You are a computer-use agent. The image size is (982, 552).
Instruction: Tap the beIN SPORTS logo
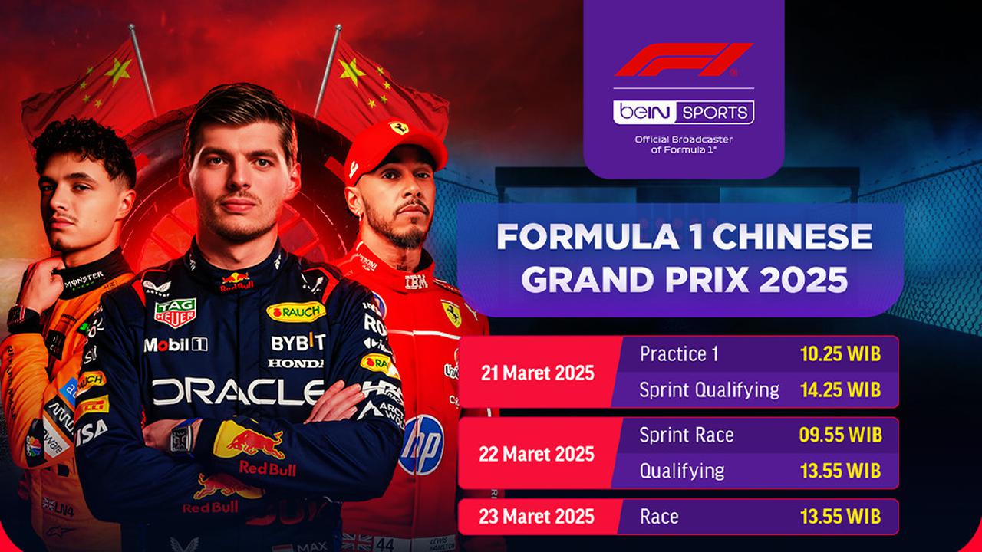(x=683, y=113)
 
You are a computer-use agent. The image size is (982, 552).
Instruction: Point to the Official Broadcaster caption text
(x=683, y=144)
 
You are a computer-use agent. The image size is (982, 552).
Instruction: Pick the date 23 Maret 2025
(x=537, y=516)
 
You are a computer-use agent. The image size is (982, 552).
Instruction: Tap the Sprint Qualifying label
(x=709, y=389)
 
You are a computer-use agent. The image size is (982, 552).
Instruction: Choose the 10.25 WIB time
(x=839, y=354)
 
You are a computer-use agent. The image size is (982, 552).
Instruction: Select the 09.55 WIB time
(x=839, y=435)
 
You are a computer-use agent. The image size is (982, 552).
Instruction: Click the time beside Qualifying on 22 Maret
(x=839, y=470)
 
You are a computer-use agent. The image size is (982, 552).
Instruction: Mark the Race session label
(x=659, y=516)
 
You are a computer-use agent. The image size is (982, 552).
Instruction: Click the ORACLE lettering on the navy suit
(x=238, y=392)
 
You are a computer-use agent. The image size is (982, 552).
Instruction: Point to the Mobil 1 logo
(x=175, y=345)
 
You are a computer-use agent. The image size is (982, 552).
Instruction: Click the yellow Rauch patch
(x=295, y=311)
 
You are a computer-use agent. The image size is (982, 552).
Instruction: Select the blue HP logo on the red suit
(x=421, y=445)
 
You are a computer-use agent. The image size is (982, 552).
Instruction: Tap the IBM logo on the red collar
(x=416, y=281)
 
